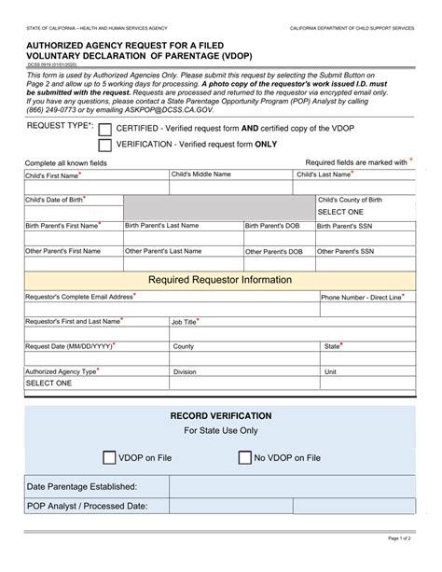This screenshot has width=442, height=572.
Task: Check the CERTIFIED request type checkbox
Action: tap(105, 130)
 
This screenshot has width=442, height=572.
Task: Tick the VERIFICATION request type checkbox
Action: tap(105, 145)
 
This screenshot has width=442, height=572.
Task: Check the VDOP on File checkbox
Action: tap(109, 457)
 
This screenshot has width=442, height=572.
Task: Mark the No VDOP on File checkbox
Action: tap(245, 457)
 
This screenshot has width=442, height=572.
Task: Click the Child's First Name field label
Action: tap(52, 174)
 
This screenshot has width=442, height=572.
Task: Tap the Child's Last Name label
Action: tap(325, 174)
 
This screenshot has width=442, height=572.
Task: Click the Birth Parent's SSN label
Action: tap(347, 226)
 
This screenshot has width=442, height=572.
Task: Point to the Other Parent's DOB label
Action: tap(273, 252)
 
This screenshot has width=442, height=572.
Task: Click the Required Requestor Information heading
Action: tap(220, 279)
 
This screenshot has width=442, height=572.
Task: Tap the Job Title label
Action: tap(185, 321)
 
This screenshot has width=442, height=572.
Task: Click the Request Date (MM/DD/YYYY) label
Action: tap(70, 345)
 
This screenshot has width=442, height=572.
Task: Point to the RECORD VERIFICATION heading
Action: tap(220, 415)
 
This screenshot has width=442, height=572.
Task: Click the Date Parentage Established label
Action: tap(82, 486)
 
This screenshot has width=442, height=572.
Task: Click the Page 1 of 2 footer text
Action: tap(412, 564)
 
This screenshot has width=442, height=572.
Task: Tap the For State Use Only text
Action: tap(220, 431)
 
